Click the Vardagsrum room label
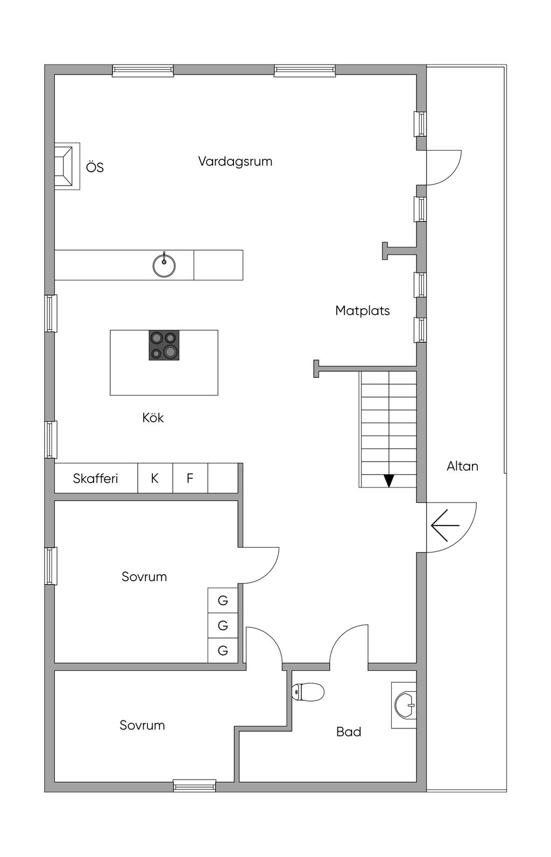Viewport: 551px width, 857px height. pyautogui.click(x=235, y=161)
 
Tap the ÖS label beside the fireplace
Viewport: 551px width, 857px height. pyautogui.click(x=95, y=167)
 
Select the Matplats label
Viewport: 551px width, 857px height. pyautogui.click(x=362, y=310)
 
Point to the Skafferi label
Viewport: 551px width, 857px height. pyautogui.click(x=95, y=478)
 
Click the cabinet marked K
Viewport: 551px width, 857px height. pyautogui.click(x=155, y=478)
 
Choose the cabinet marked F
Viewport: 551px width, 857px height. pyautogui.click(x=190, y=478)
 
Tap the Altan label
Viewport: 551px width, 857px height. pyautogui.click(x=462, y=466)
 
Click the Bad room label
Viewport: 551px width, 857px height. pyautogui.click(x=349, y=732)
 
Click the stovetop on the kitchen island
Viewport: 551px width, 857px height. pyautogui.click(x=164, y=345)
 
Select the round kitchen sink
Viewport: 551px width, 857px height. pyautogui.click(x=164, y=265)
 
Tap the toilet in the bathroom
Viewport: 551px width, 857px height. pyautogui.click(x=308, y=692)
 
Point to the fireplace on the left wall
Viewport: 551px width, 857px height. pyautogui.click(x=67, y=166)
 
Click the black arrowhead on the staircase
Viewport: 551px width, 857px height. pyautogui.click(x=388, y=480)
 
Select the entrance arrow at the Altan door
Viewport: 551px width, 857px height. pyautogui.click(x=444, y=525)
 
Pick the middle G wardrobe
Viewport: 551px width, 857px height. pyautogui.click(x=223, y=626)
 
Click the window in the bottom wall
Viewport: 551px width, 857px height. pyautogui.click(x=194, y=785)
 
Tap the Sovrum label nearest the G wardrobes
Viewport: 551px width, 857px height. pyautogui.click(x=144, y=577)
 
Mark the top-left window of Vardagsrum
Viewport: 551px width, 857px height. pyautogui.click(x=143, y=71)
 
